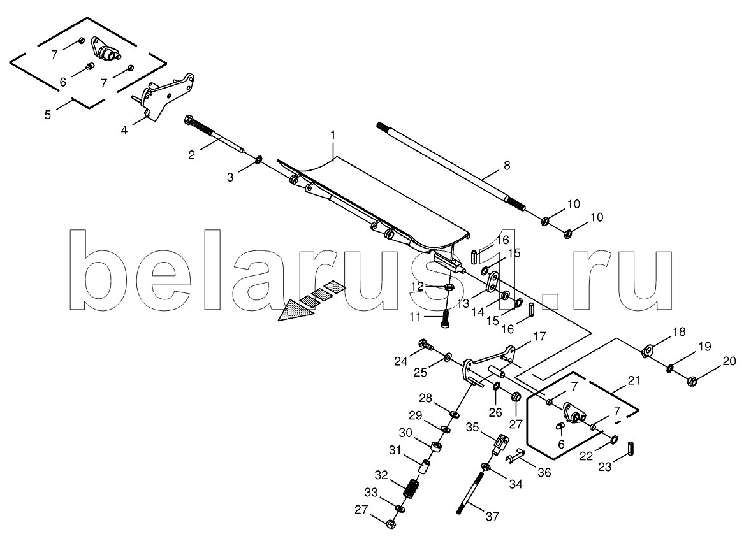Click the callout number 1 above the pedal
click(x=333, y=135)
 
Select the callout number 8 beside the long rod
click(x=507, y=166)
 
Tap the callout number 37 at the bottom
click(x=493, y=515)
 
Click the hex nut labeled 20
click(x=691, y=380)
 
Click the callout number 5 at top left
click(x=47, y=114)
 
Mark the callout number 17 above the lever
click(x=539, y=337)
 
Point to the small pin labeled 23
click(x=631, y=447)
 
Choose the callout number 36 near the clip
click(x=544, y=472)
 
